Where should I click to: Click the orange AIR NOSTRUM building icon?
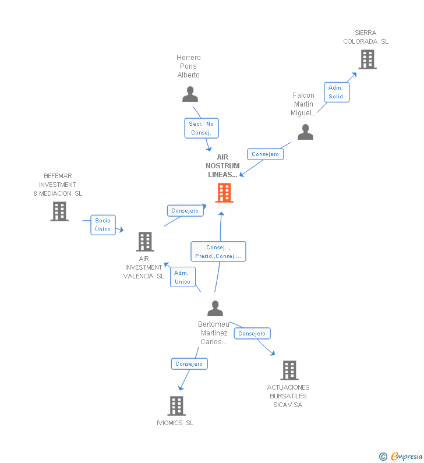[x=224, y=193]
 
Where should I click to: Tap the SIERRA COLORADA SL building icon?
[x=368, y=59]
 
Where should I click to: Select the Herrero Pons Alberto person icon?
[x=190, y=94]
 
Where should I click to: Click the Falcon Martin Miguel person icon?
[x=305, y=132]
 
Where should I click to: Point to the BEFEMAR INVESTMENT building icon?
[x=59, y=211]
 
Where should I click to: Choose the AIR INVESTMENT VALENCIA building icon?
[x=145, y=242]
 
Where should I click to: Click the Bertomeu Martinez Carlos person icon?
[x=215, y=308]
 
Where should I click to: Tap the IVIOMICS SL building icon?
[x=176, y=406]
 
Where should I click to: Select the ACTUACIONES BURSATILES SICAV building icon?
[x=289, y=370]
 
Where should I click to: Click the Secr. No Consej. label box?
[x=202, y=128]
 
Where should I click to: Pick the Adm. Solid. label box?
[x=337, y=92]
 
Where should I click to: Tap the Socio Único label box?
[x=103, y=225]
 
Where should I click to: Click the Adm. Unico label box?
[x=182, y=277]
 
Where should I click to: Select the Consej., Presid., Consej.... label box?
[x=218, y=252]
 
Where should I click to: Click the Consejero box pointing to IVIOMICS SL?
[x=189, y=364]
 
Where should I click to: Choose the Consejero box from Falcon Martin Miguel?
[x=265, y=154]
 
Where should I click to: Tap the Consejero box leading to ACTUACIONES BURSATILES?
[x=252, y=333]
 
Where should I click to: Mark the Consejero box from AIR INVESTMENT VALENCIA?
[x=185, y=211]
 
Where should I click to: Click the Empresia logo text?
[x=407, y=457]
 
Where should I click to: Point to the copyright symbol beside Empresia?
[x=383, y=457]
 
